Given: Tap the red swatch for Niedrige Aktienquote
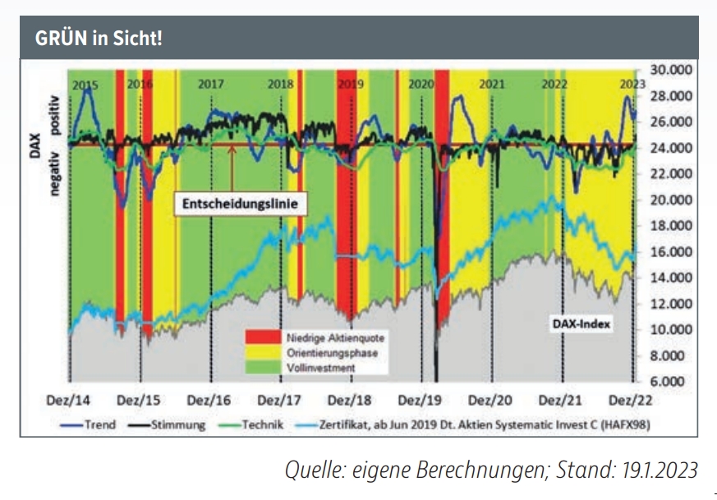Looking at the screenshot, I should (264, 337).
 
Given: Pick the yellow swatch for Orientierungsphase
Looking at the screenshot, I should (264, 353).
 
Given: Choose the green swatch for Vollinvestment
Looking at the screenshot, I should (264, 368).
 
